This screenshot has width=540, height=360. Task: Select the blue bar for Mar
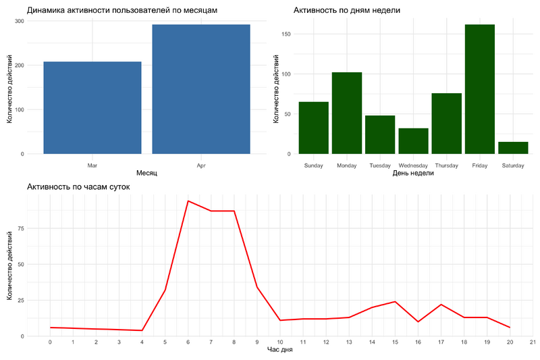pyautogui.click(x=92, y=108)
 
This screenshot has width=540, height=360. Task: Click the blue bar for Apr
pyautogui.click(x=201, y=89)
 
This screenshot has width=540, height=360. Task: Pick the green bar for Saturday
pyautogui.click(x=513, y=148)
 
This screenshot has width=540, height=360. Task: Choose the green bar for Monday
pyautogui.click(x=347, y=113)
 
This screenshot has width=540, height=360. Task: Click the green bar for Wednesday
pyautogui.click(x=413, y=141)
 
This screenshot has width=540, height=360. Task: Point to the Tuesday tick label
pyautogui.click(x=380, y=165)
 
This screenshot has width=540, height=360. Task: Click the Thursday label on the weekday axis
pyautogui.click(x=446, y=165)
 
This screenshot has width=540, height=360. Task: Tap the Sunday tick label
pyautogui.click(x=314, y=165)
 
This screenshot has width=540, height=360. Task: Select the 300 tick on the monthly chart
pyautogui.click(x=19, y=21)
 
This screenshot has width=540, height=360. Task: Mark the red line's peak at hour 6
pyautogui.click(x=188, y=201)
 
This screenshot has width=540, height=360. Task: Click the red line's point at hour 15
pyautogui.click(x=395, y=301)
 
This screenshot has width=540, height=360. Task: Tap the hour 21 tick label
pyautogui.click(x=533, y=342)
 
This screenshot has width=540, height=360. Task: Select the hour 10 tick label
pyautogui.click(x=280, y=342)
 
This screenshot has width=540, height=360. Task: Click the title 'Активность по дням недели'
pyautogui.click(x=347, y=10)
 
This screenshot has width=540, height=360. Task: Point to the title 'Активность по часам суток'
pyautogui.click(x=78, y=186)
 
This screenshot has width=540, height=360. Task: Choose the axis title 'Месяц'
pyautogui.click(x=146, y=174)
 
